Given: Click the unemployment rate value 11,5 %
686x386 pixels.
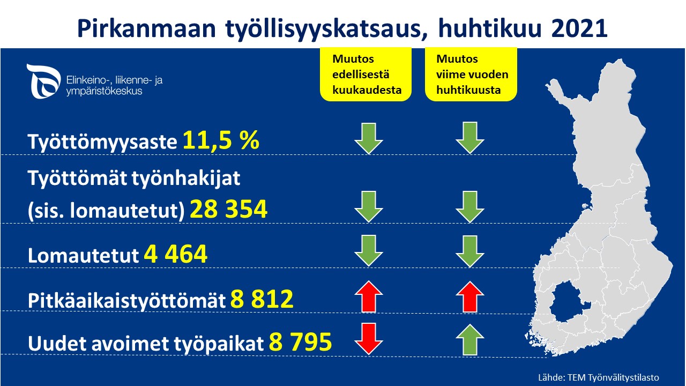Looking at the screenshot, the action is [x=221, y=140].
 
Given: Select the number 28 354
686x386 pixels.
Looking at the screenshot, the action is [x=229, y=209].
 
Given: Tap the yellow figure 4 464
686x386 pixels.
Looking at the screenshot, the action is [x=176, y=254].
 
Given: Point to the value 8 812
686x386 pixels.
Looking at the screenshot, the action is [x=262, y=299].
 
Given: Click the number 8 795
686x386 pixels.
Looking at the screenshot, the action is [x=301, y=342].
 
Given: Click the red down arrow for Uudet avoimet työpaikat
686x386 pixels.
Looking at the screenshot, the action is [x=369, y=339].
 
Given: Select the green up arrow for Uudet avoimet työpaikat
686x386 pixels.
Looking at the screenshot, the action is [x=470, y=340].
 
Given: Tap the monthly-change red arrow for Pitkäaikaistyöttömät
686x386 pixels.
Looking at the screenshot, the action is [x=369, y=296].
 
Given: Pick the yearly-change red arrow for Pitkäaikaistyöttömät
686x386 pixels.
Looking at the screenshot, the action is [x=470, y=297].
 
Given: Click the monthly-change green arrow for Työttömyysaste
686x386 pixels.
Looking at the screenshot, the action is [x=369, y=138].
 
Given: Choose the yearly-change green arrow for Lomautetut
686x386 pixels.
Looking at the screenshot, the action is [x=470, y=251].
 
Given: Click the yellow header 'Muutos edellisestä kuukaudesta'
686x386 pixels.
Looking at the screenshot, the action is [x=366, y=74].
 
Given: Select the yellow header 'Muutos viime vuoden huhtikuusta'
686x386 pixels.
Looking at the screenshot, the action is [x=471, y=74].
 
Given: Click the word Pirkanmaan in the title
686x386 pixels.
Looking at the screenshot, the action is [x=147, y=28].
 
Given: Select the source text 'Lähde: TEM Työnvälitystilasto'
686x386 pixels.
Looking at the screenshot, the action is [x=599, y=377].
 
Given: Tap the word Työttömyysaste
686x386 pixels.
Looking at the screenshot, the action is [x=102, y=142].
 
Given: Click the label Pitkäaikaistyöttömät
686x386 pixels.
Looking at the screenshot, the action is [x=127, y=300].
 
